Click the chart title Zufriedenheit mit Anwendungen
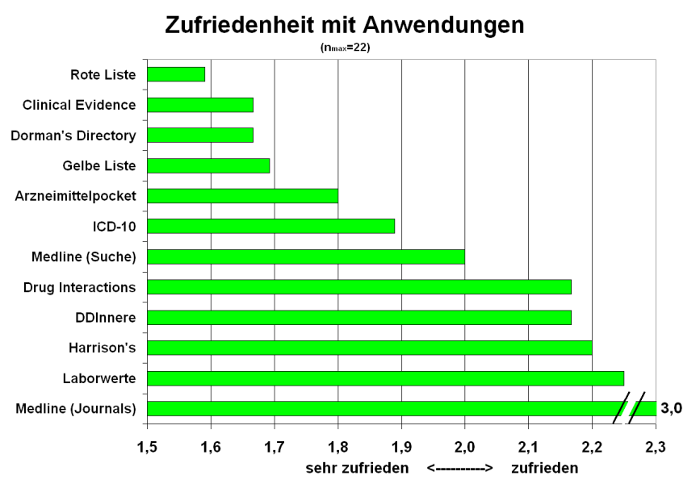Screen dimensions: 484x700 (x=345, y=25)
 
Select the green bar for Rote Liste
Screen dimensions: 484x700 (x=176, y=74)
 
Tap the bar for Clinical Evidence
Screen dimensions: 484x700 (x=200, y=105)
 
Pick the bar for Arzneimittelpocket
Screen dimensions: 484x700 (x=242, y=195)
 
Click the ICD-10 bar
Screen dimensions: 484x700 (x=270, y=226)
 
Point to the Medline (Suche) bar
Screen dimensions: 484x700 (x=306, y=257)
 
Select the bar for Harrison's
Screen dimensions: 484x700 (x=369, y=348)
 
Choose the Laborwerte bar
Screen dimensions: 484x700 (x=385, y=378)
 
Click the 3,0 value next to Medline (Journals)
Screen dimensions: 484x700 (x=672, y=408)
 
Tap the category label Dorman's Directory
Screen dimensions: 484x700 (x=73, y=136)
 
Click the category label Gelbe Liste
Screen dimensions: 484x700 (x=99, y=166)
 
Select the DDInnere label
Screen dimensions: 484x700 (x=107, y=317)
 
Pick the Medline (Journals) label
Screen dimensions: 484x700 (x=76, y=409)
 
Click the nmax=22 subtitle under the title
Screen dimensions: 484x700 (x=346, y=48)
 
